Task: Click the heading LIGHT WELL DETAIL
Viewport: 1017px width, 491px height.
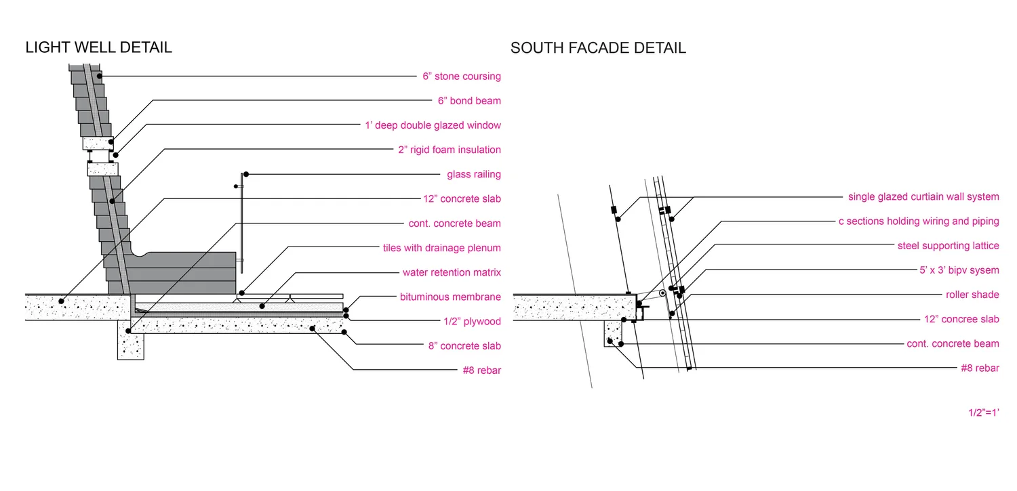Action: pos(98,47)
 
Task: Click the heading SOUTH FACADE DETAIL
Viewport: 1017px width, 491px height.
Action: pos(598,48)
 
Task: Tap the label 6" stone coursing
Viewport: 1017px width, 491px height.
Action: pos(462,77)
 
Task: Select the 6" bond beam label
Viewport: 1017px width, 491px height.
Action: pos(469,101)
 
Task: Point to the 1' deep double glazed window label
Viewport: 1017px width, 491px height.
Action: pos(433,125)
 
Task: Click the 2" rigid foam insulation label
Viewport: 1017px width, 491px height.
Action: pos(450,150)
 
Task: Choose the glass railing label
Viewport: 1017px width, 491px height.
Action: pos(474,174)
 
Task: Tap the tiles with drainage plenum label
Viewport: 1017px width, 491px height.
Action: pos(442,248)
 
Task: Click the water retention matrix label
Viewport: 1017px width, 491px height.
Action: pos(452,272)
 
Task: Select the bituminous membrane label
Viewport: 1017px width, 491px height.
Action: pos(450,297)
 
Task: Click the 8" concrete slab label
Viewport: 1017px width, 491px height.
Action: pos(464,346)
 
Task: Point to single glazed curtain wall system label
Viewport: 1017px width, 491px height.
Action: pos(923,197)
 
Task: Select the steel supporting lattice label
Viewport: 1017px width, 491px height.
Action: pos(948,246)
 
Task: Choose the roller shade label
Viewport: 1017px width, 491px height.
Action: pos(972,295)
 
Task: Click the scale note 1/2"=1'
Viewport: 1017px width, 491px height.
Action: pos(984,412)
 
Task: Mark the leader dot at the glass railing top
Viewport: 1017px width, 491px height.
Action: pos(246,174)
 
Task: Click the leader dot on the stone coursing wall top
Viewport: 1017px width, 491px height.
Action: pos(99,77)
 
